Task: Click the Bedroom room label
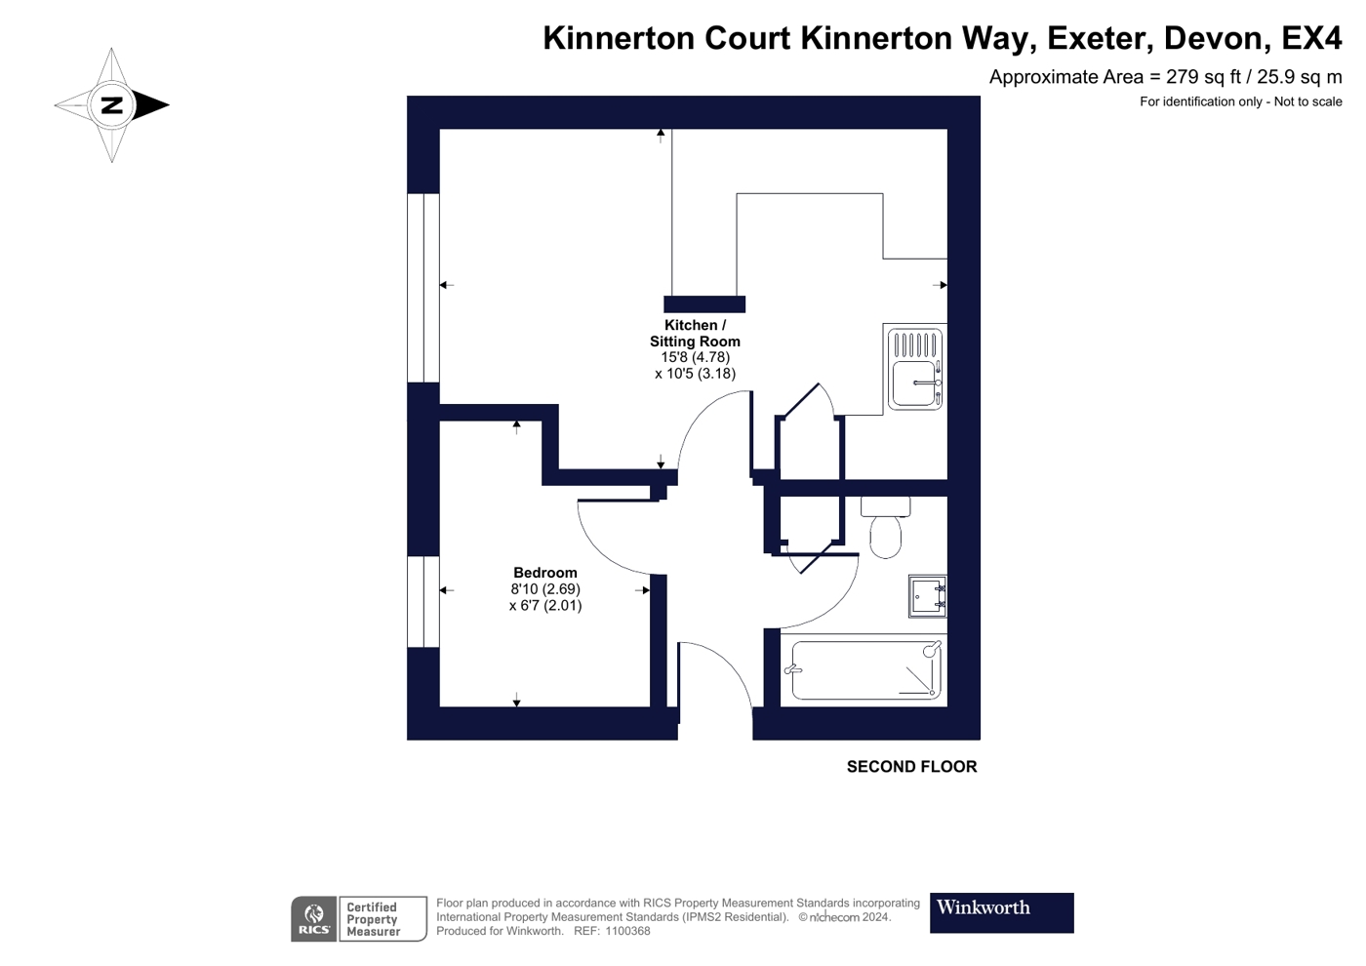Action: (x=545, y=573)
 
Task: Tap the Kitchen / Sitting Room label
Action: (x=695, y=333)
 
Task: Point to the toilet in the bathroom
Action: (x=886, y=527)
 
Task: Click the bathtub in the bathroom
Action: (x=866, y=669)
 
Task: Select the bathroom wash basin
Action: (x=928, y=596)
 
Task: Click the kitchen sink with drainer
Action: (x=915, y=369)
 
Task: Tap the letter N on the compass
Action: (x=112, y=105)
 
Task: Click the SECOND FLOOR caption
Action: (x=911, y=767)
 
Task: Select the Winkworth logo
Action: (x=1001, y=913)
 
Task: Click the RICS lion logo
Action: (x=314, y=919)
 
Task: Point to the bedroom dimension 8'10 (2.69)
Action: (x=545, y=589)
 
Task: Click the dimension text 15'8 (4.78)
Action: (x=695, y=357)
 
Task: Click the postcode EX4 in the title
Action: (x=1311, y=38)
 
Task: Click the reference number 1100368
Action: (x=627, y=931)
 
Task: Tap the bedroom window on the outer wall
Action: (x=423, y=601)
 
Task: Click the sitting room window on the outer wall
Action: (x=423, y=288)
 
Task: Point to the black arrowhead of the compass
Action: (x=150, y=105)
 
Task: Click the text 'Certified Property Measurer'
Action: (x=373, y=919)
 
